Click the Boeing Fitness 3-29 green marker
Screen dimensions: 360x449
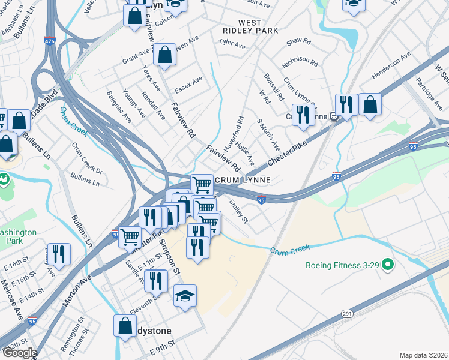388,263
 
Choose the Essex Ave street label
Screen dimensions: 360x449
188,86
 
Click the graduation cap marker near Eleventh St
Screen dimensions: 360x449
185,295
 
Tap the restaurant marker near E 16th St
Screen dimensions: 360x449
59,253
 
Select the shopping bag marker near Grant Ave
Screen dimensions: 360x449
164,55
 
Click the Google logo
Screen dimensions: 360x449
19,353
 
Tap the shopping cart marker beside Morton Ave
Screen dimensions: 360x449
130,236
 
